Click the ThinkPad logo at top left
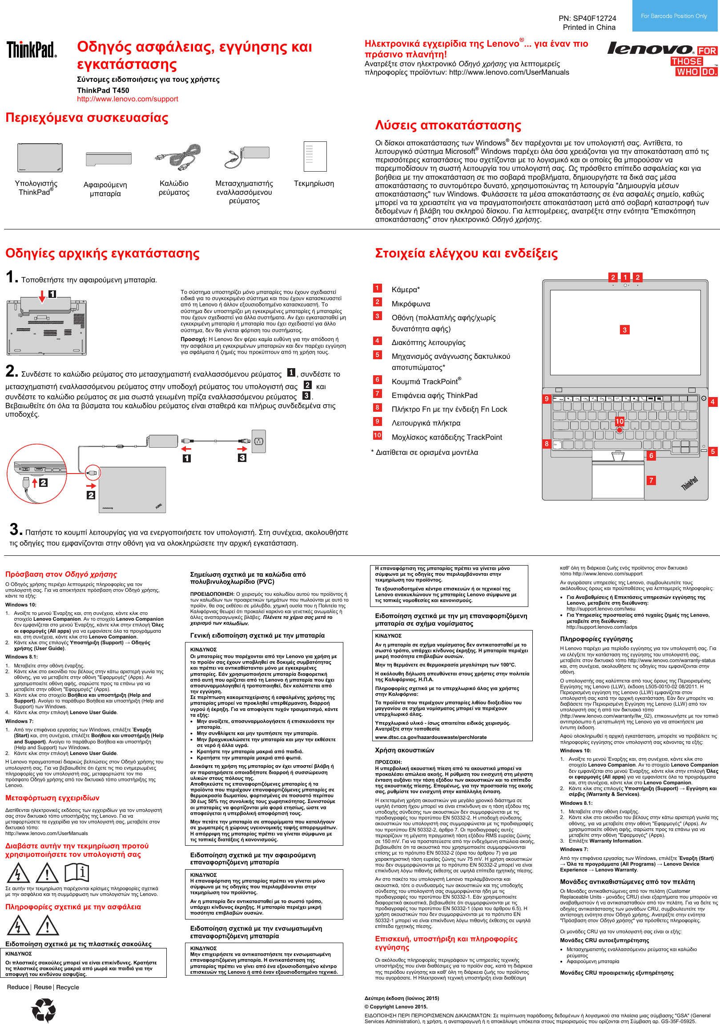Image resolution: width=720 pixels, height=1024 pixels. point(32,49)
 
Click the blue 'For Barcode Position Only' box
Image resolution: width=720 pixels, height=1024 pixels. point(674,16)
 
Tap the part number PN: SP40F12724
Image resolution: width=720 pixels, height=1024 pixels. point(587,18)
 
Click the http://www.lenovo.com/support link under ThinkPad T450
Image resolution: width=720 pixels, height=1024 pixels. point(127,99)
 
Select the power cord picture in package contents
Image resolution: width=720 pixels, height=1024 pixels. point(178,157)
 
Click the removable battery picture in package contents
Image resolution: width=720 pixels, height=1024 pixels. point(105,158)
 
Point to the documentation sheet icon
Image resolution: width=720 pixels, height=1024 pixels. point(315,156)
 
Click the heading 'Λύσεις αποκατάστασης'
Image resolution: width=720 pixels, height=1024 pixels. point(448,125)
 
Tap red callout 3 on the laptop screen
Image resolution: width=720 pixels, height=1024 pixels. point(624,330)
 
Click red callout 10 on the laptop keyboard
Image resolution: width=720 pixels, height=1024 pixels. point(619,422)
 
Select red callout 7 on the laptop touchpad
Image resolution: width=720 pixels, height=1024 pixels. point(652,480)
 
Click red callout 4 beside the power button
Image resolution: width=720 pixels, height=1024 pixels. point(712,402)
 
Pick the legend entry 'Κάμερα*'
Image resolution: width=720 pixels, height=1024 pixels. point(406,290)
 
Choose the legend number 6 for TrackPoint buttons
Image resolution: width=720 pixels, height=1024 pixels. point(378,380)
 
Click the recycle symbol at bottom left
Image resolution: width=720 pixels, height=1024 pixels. point(44,1010)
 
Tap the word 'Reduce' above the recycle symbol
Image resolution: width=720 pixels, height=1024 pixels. point(18,987)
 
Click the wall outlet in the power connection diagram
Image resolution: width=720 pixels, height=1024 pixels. point(259,442)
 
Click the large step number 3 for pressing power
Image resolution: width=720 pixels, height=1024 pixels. point(14,530)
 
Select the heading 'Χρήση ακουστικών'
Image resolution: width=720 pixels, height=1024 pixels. point(404,750)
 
